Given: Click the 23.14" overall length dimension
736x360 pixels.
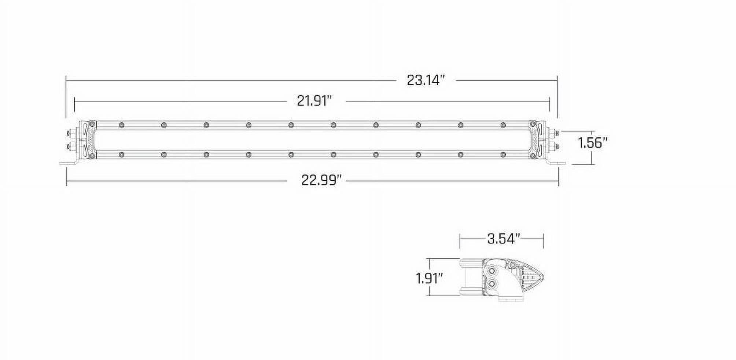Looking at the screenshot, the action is point(426,80).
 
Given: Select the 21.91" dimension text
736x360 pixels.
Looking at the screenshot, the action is point(314,101).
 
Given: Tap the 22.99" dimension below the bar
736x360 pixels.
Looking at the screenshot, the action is point(321,180).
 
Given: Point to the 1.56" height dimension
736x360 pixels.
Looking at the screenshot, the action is point(593,143).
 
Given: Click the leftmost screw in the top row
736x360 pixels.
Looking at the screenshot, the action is point(121,125).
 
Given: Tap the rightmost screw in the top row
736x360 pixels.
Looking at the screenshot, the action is point(503,125).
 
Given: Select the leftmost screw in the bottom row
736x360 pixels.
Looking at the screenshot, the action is point(121,155).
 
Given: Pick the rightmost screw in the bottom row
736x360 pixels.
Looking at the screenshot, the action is point(503,155).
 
